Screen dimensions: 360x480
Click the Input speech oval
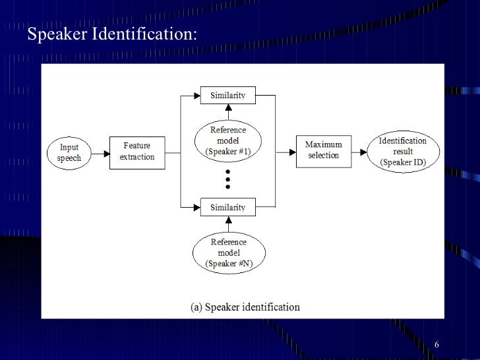click(x=69, y=153)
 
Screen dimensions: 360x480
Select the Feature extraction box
click(x=136, y=152)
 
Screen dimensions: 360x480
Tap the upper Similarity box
click(x=227, y=96)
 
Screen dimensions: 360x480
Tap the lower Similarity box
click(x=227, y=208)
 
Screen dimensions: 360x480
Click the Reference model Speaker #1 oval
click(x=227, y=140)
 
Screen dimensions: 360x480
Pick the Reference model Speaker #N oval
click(x=228, y=253)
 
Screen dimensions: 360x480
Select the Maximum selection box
click(x=323, y=151)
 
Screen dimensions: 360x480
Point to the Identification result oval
click(x=402, y=151)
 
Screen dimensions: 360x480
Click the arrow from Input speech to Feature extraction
click(x=100, y=153)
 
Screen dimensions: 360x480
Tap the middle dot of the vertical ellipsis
click(x=228, y=179)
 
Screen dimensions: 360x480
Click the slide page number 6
click(x=437, y=347)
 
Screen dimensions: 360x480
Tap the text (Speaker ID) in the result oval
click(x=402, y=162)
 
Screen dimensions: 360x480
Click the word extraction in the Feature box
click(x=136, y=157)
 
